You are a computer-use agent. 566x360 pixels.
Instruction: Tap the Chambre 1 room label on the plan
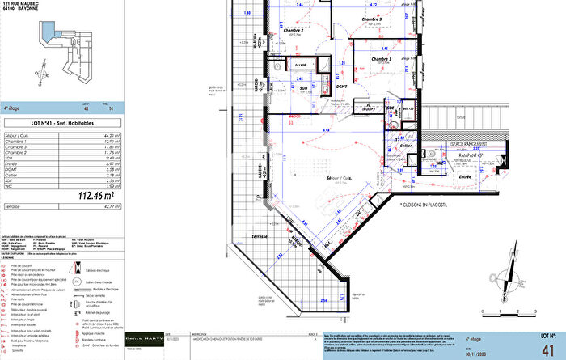(381, 59)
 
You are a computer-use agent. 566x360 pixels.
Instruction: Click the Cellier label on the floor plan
(406, 146)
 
